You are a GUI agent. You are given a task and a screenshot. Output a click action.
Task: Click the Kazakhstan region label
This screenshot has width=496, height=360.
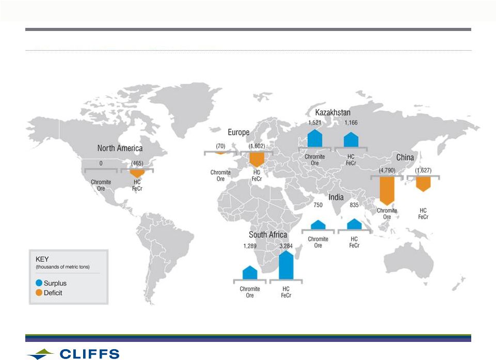pyautogui.click(x=333, y=113)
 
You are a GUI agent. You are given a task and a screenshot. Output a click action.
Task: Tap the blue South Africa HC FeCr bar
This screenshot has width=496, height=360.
pyautogui.click(x=286, y=265)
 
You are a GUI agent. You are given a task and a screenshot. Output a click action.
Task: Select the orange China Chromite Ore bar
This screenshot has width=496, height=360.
pyautogui.click(x=387, y=191)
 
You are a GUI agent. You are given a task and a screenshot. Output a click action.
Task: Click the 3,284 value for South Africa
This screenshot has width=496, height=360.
pyautogui.click(x=286, y=246)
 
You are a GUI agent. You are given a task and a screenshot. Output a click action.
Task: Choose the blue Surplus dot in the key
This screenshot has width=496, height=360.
pyautogui.click(x=39, y=283)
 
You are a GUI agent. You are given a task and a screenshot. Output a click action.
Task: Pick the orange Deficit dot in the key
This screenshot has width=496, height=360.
pyautogui.click(x=39, y=292)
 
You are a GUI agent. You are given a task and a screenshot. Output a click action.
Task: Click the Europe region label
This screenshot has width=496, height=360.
pyautogui.click(x=238, y=132)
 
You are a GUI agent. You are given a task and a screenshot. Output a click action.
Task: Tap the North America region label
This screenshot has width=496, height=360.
pyautogui.click(x=120, y=148)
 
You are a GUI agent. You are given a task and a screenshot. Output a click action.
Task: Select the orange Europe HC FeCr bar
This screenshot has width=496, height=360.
pyautogui.click(x=257, y=160)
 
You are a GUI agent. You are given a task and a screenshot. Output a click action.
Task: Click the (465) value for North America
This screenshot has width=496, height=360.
pyautogui.click(x=137, y=163)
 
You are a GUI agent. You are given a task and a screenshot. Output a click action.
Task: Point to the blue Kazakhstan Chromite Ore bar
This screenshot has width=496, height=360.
pyautogui.click(x=315, y=138)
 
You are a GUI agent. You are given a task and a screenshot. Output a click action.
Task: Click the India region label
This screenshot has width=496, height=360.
pyautogui.click(x=336, y=197)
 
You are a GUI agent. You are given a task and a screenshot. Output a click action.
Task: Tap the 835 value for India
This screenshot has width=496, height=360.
pyautogui.click(x=354, y=205)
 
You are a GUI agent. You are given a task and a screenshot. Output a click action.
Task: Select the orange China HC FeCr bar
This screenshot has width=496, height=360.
pyautogui.click(x=423, y=184)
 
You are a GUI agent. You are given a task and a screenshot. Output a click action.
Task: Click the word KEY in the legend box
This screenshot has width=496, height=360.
pyautogui.click(x=42, y=259)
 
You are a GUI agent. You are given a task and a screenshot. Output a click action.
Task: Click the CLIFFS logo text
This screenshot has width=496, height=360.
pyautogui.click(x=89, y=354)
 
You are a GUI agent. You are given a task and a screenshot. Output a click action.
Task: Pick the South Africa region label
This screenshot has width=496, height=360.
pyautogui.click(x=268, y=234)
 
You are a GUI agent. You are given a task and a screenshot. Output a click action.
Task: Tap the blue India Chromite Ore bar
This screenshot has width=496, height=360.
pyautogui.click(x=318, y=225)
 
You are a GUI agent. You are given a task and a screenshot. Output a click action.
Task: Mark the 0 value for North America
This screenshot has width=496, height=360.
pyautogui.click(x=101, y=163)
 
